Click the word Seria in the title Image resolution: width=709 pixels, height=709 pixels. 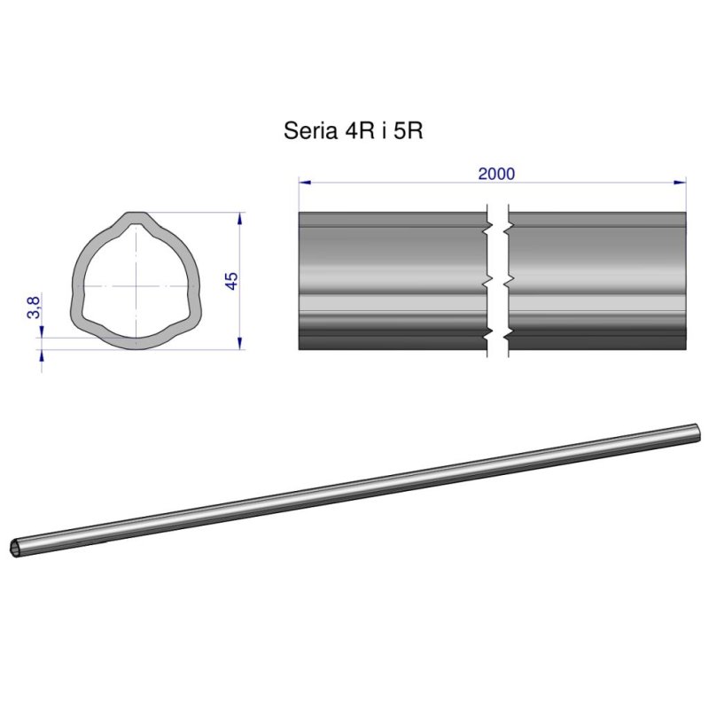pyautogui.click(x=311, y=131)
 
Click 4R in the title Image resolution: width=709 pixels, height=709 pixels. pyautogui.click(x=360, y=131)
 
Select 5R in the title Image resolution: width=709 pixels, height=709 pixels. pyautogui.click(x=409, y=131)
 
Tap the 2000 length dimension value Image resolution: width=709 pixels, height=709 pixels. pyautogui.click(x=496, y=174)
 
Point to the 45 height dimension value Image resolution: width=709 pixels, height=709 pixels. pyautogui.click(x=231, y=281)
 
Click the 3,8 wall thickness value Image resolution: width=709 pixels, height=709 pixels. pyautogui.click(x=34, y=308)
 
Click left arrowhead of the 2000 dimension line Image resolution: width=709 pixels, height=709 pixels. pyautogui.click(x=305, y=183)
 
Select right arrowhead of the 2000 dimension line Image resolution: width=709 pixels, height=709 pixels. pyautogui.click(x=680, y=183)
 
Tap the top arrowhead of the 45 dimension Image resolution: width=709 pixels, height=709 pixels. pyautogui.click(x=239, y=218)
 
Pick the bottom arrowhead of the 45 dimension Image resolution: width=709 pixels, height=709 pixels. pyautogui.click(x=239, y=343)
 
